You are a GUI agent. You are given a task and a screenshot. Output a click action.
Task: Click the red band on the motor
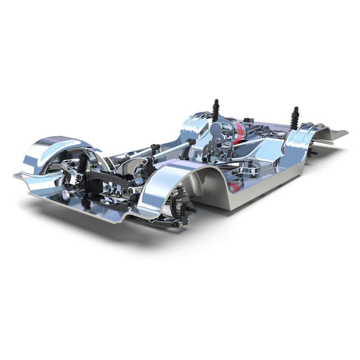click(238, 132)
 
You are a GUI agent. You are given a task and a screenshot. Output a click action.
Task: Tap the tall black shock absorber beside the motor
click(216, 110)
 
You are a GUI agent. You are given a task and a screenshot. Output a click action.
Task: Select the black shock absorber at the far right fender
click(295, 118)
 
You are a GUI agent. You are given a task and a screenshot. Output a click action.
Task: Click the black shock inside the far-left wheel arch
click(83, 163)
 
